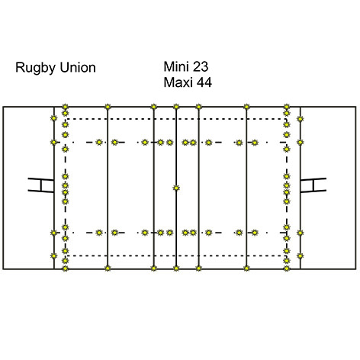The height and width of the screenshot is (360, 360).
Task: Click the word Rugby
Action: pos(35,68)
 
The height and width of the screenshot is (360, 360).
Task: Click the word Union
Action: pos(78,68)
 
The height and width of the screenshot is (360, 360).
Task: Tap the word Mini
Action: pos(176,66)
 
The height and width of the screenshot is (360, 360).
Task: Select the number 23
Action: pos(201,66)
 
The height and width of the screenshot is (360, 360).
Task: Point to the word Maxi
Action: pos(178,82)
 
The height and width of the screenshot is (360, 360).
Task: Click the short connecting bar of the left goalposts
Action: pos(40,185)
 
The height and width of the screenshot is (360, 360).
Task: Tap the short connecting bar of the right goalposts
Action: pos(313,185)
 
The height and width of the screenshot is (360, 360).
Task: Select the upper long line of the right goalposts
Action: pos(313,179)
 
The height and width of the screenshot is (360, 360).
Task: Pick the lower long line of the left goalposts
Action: pos(40,191)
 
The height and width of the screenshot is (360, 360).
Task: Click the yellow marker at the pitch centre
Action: pos(176,188)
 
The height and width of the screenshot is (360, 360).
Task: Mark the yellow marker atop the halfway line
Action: pos(176,107)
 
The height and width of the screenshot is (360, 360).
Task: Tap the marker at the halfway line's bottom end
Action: pos(176,268)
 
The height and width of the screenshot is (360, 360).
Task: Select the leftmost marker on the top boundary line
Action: pos(66,107)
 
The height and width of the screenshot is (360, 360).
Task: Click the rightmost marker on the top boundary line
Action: pos(287,107)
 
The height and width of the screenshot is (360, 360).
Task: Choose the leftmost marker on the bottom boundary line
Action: pos(66,268)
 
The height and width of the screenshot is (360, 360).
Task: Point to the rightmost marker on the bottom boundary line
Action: pos(287,268)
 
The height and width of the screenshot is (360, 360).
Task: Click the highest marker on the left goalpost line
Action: pos(53,118)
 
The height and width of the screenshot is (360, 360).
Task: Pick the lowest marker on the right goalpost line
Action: pos(301,256)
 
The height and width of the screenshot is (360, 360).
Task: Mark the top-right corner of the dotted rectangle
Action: pos(287,119)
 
